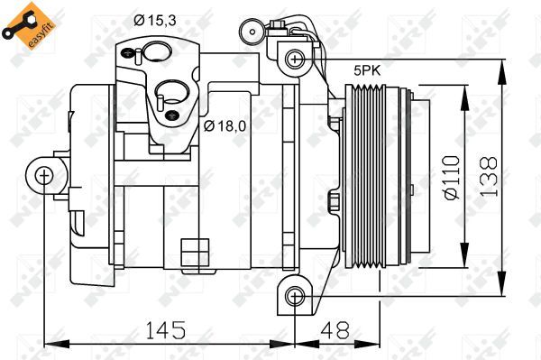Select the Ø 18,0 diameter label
[225, 125]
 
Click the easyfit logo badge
[24, 24]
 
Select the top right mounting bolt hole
[292, 60]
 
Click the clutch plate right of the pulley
[408, 179]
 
